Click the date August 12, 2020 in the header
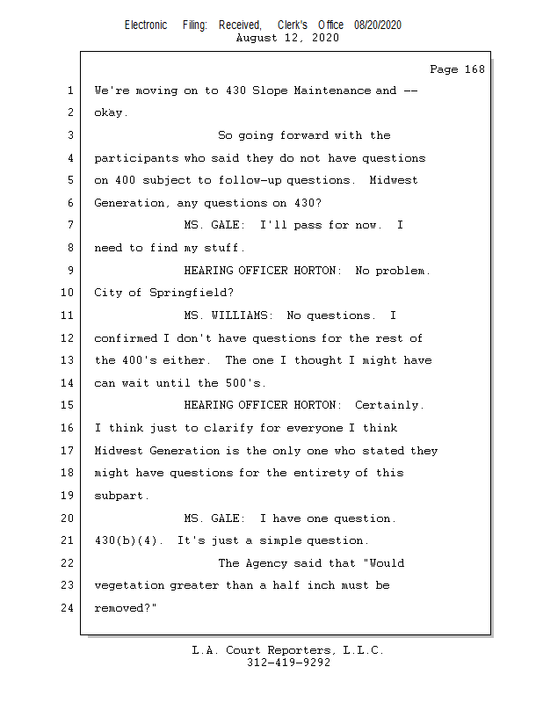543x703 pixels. (x=288, y=38)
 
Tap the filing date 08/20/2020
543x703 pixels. (x=378, y=25)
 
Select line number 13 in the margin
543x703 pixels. (x=68, y=360)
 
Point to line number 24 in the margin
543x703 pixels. (x=68, y=607)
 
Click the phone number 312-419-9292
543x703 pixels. (x=288, y=663)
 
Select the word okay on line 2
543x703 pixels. (x=110, y=112)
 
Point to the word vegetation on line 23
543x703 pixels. (x=128, y=585)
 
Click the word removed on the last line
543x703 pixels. (x=120, y=607)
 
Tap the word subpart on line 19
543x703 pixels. (x=119, y=496)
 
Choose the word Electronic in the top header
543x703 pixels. (x=146, y=25)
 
